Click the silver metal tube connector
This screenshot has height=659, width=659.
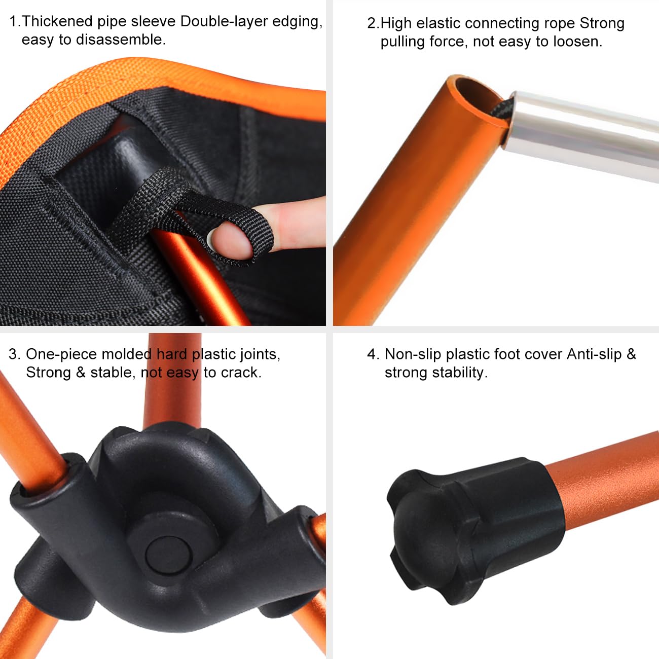[583, 132]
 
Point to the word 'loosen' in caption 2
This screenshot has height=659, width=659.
[576, 42]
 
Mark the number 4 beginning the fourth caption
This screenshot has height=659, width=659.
[371, 354]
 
